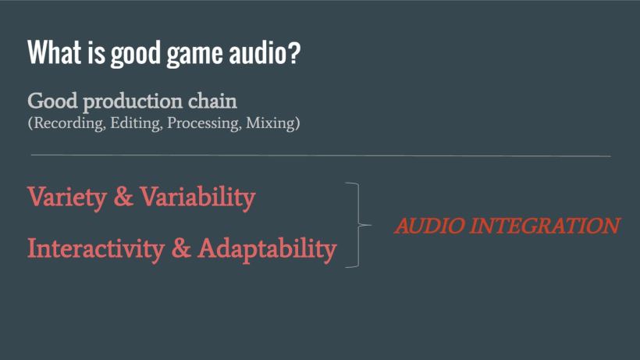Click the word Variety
tap(66, 198)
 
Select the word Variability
tap(197, 198)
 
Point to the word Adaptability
tap(267, 248)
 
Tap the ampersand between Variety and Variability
tap(123, 198)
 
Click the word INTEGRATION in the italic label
tap(546, 226)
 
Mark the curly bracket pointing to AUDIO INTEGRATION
tap(360, 225)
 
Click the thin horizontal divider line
tap(320, 156)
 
